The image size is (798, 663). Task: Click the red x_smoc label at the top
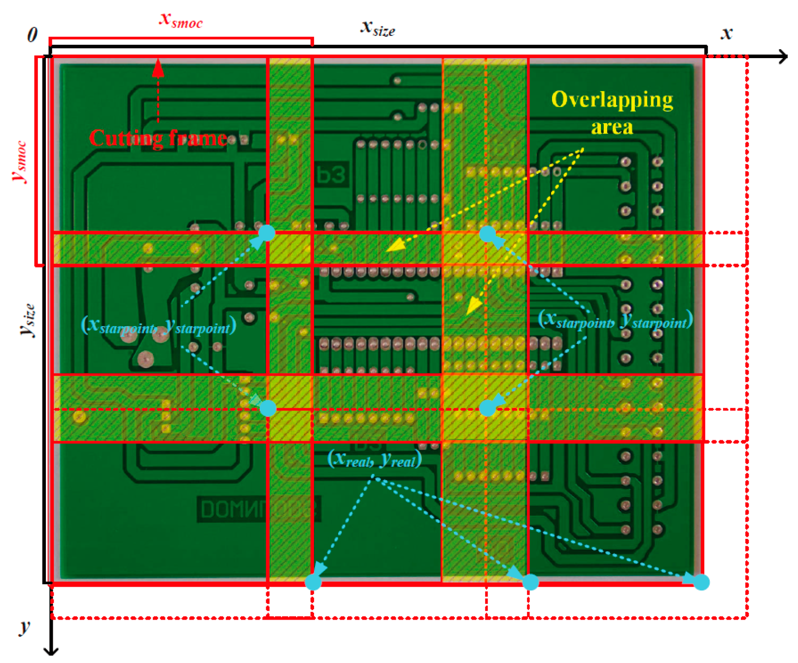[180, 20]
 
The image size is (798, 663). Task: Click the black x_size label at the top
[378, 28]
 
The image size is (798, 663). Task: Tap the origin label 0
[32, 34]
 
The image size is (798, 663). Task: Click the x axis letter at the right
[727, 33]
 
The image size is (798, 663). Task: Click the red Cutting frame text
[158, 138]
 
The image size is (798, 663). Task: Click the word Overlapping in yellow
[612, 100]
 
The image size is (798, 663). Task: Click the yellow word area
[612, 127]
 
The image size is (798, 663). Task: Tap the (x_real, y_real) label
[375, 459]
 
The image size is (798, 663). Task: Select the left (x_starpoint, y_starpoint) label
[158, 326]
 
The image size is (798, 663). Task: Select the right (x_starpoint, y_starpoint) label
[615, 320]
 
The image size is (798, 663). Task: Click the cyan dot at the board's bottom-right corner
[701, 582]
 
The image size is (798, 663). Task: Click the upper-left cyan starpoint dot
[267, 233]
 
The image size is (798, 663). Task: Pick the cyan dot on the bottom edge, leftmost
[313, 582]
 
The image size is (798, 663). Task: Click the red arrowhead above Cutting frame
[158, 68]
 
